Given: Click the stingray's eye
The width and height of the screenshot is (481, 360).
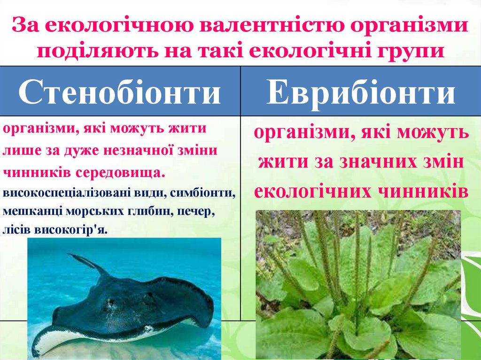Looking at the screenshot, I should (110, 301).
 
